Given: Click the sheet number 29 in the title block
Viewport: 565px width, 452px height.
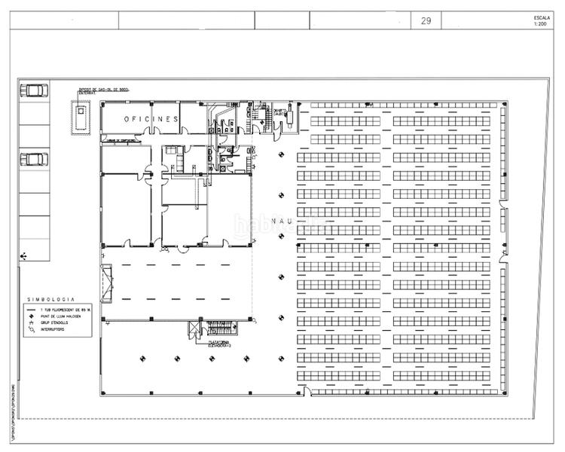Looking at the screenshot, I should (x=426, y=21).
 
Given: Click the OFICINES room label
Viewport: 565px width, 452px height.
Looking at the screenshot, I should (x=151, y=119).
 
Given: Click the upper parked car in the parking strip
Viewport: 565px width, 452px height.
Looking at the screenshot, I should (x=34, y=90).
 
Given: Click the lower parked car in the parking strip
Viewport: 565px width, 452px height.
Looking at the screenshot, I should (x=34, y=160).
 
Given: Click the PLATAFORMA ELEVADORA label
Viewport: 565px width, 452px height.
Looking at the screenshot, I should (x=220, y=343).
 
